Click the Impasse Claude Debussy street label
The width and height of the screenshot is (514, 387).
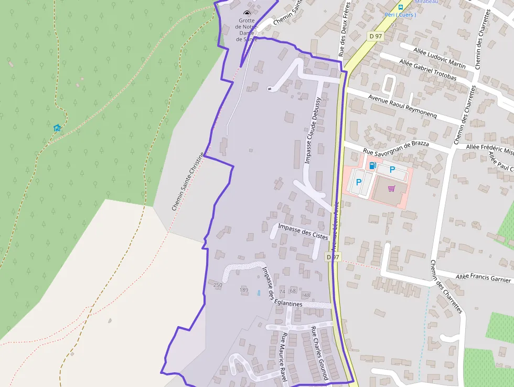coord(313,130)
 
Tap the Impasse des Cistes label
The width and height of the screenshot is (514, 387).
coord(303,232)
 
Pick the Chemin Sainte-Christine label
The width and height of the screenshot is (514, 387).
coord(187,182)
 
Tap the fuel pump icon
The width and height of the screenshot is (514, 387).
coord(372,166)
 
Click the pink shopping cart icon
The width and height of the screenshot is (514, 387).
coord(391,189)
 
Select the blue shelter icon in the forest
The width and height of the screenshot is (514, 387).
coord(57,128)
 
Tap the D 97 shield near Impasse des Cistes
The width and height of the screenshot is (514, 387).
coord(333,257)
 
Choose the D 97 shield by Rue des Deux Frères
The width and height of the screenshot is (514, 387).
coord(374,36)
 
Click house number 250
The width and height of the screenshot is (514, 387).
coord(218,285)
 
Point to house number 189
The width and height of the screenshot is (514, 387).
coord(244,290)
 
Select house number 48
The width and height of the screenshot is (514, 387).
coord(307,295)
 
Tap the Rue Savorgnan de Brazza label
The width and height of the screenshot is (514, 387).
coord(396,148)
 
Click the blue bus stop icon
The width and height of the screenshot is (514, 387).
coord(401,7)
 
